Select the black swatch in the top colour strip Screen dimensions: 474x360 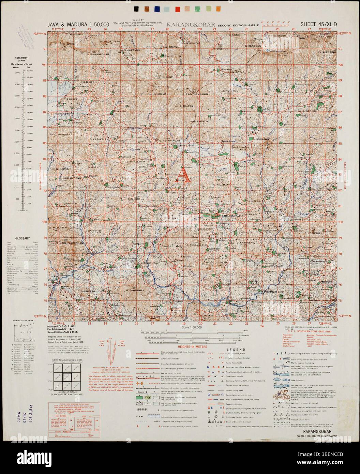pos(136,9)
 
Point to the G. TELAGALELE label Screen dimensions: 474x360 pos(197,245)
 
